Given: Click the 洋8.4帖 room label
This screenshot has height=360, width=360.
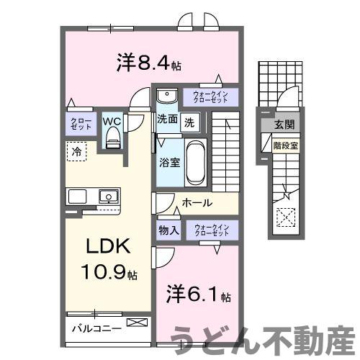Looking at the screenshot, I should pyautogui.click(x=148, y=63).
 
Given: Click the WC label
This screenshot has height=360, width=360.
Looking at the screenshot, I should pyautogui.click(x=112, y=122).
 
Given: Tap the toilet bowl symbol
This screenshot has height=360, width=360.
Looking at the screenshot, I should pyautogui.click(x=112, y=140).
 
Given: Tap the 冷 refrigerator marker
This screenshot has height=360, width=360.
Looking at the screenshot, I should pyautogui.click(x=76, y=151).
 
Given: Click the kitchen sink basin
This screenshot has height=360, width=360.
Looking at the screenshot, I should pyautogui.click(x=109, y=195).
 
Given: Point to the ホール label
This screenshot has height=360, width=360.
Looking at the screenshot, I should pyautogui.click(x=196, y=203).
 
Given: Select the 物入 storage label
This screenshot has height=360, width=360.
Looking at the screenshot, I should pyautogui.click(x=168, y=231).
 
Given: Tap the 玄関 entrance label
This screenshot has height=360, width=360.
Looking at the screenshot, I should pyautogui.click(x=282, y=125).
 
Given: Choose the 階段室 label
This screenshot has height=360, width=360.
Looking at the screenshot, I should pyautogui.click(x=285, y=145).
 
